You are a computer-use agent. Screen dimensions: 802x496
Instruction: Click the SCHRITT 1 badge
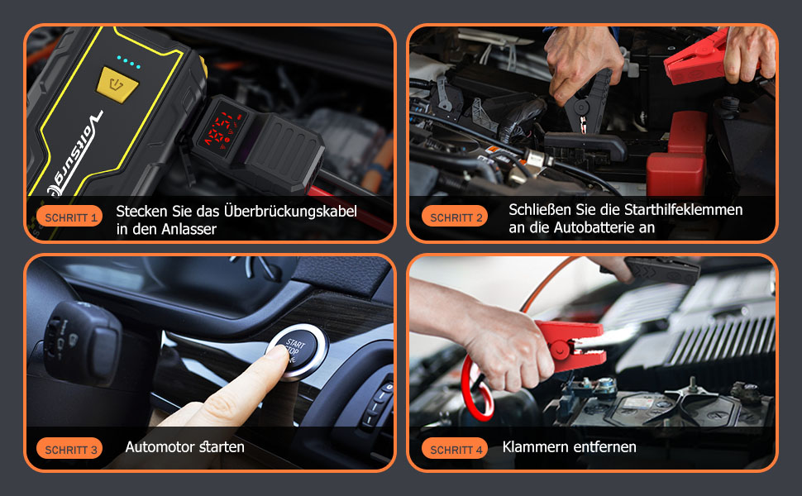(x=69, y=217)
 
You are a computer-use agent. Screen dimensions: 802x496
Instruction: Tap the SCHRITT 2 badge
(x=455, y=217)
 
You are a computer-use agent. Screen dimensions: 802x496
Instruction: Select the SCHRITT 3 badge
(x=69, y=450)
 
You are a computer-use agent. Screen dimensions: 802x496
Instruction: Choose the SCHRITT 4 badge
(x=455, y=450)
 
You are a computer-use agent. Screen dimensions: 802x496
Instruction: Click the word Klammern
(x=532, y=447)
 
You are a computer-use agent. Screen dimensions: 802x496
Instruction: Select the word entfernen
(x=603, y=447)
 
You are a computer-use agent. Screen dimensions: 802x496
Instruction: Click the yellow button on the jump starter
(x=117, y=84)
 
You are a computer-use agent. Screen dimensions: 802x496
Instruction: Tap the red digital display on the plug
(x=222, y=129)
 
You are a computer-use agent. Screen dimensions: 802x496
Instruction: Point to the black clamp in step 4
(x=661, y=271)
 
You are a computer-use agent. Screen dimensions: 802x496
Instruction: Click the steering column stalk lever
(x=83, y=341)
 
